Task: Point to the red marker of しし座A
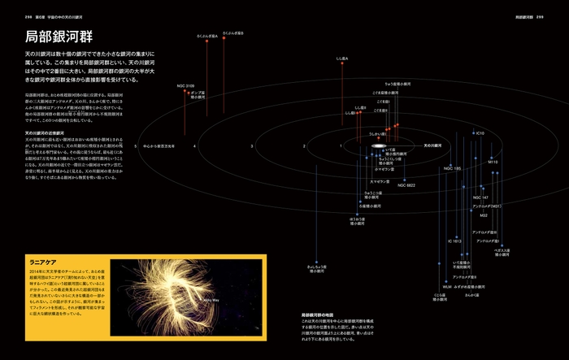(x=341, y=67)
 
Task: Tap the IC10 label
(x=480, y=132)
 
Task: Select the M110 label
(x=493, y=162)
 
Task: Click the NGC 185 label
(x=452, y=168)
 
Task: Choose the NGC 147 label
(x=480, y=197)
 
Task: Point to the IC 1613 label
(x=454, y=241)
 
